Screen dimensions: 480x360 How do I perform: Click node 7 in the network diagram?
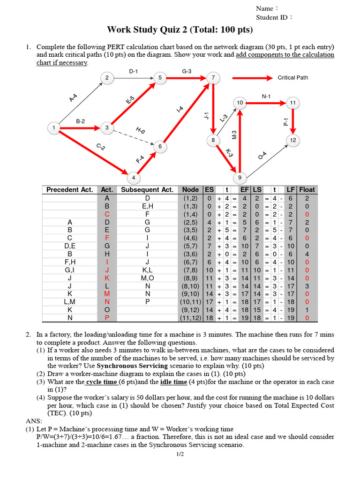click(213, 78)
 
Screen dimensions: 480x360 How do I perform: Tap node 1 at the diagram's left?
click(54, 127)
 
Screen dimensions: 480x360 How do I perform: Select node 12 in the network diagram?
click(293, 140)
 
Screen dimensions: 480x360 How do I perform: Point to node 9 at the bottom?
click(240, 178)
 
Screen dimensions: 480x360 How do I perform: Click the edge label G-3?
click(187, 71)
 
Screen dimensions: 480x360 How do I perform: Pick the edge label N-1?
click(266, 97)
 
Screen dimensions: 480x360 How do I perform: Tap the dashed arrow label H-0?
click(141, 130)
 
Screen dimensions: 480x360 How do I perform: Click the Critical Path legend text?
click(292, 78)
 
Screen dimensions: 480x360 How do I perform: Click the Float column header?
click(307, 190)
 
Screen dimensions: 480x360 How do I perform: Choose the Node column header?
click(190, 190)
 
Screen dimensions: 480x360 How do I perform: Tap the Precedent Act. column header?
click(69, 190)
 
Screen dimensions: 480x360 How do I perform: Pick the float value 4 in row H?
click(307, 254)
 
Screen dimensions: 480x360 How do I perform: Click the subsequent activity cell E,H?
click(147, 206)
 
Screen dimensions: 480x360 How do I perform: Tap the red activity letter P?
click(107, 318)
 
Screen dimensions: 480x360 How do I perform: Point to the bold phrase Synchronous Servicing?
click(130, 365)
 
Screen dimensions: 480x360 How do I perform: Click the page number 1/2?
click(180, 454)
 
